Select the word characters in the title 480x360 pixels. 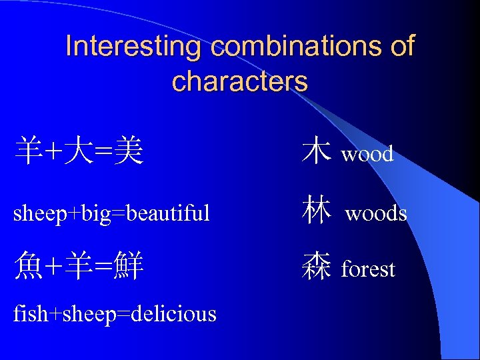click(240, 81)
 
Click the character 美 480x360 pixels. click(127, 151)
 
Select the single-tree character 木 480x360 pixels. click(316, 151)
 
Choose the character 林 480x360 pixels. click(316, 210)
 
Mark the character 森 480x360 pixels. click(316, 267)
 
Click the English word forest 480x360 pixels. click(368, 269)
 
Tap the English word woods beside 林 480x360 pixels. click(376, 213)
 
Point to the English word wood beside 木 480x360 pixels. click(367, 155)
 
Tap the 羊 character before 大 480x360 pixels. click(29, 151)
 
